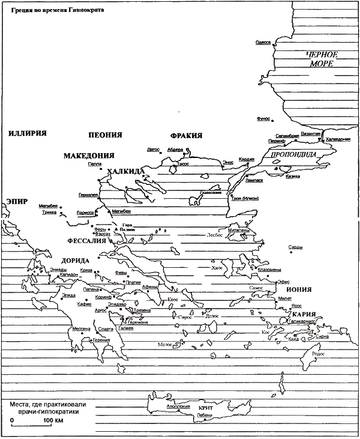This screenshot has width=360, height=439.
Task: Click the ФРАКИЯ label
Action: pos(187,135)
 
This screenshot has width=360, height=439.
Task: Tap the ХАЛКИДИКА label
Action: pos(125,172)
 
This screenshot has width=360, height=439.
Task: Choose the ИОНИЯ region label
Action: pos(298,289)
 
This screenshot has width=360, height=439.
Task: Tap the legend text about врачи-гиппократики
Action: pos(43,410)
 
